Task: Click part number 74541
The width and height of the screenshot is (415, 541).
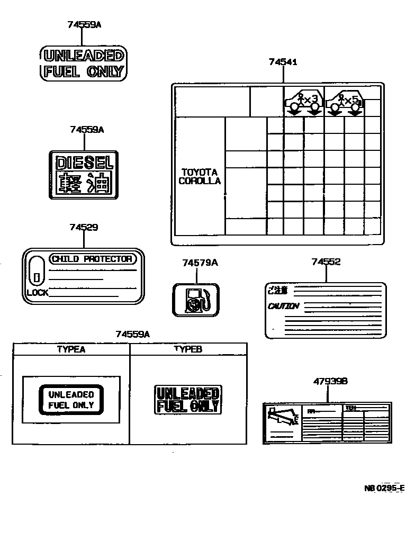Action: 283,62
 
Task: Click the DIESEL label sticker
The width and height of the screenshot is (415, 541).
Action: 83,175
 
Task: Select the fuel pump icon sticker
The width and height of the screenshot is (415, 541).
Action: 196,300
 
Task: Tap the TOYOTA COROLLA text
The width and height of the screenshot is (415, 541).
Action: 200,176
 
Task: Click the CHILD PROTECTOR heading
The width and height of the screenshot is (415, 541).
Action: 92,259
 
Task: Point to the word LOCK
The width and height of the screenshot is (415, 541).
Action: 38,292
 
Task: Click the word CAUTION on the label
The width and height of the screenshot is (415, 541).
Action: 283,306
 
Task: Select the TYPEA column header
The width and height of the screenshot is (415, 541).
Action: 71,349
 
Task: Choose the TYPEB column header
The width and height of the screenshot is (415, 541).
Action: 188,349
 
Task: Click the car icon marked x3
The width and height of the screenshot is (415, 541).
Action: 303,101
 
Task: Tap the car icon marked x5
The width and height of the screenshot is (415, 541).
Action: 344,101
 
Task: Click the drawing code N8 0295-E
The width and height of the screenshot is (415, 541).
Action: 384,488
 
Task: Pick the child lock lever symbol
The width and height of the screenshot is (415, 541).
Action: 36,270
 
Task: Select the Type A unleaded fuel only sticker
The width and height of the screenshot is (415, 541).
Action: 71,400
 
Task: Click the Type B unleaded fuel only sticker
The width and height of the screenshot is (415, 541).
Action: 188,400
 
